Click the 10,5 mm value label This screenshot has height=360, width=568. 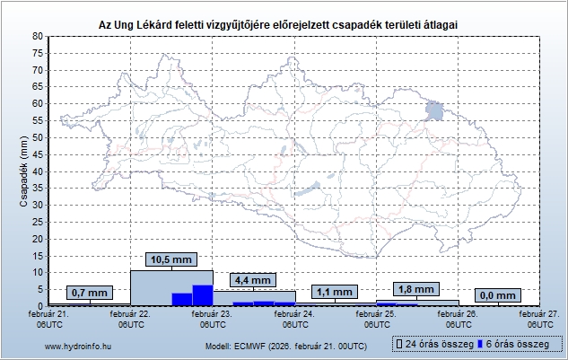click(170, 260)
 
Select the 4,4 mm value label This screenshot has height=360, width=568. click(252, 280)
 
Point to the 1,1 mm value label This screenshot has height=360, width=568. click(334, 292)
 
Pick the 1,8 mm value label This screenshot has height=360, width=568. click(416, 289)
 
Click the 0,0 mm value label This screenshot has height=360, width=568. click(497, 294)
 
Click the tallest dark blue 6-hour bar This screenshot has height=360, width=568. click(203, 295)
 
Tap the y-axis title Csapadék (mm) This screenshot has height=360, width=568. click(23, 171)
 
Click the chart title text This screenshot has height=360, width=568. click(284, 25)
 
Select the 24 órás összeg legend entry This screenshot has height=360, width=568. click(432, 345)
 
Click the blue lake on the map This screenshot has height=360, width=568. click(435, 111)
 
